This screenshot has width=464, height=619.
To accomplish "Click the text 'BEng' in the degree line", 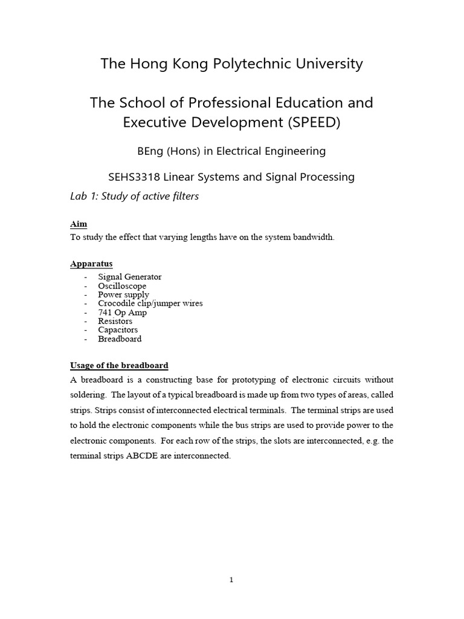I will pyautogui.click(x=153, y=151).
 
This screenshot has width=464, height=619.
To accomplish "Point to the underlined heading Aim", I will pyautogui.click(x=79, y=224).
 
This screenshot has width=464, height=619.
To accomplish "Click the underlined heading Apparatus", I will pyautogui.click(x=91, y=264).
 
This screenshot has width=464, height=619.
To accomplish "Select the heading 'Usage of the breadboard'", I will pyautogui.click(x=119, y=366).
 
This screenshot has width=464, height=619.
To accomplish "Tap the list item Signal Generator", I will pyautogui.click(x=129, y=277).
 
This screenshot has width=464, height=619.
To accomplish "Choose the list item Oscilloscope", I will pyautogui.click(x=122, y=286).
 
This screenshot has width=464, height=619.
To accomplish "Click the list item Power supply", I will pyautogui.click(x=123, y=295).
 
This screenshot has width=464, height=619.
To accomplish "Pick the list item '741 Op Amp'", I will pyautogui.click(x=122, y=313).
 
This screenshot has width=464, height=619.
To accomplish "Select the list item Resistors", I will pyautogui.click(x=115, y=322).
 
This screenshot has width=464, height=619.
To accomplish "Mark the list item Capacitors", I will pyautogui.click(x=118, y=330).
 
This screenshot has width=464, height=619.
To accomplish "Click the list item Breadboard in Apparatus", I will pyautogui.click(x=120, y=339).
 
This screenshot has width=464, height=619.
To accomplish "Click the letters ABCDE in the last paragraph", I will pyautogui.click(x=143, y=456).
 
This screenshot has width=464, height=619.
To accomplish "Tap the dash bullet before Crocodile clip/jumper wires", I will pyautogui.click(x=86, y=303).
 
